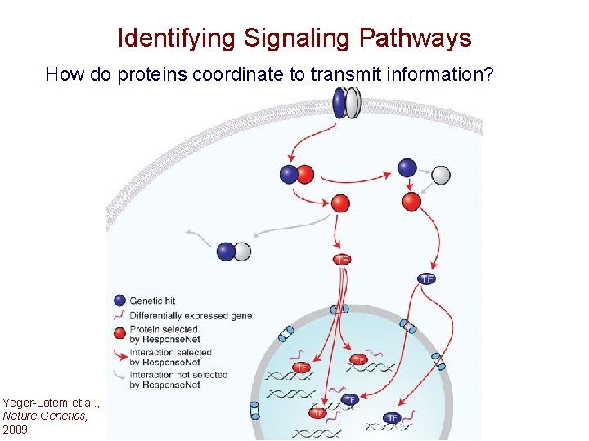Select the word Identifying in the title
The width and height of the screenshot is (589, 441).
coord(174,38)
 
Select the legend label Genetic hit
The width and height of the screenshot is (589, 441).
coord(152,301)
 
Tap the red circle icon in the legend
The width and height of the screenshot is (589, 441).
coord(119,333)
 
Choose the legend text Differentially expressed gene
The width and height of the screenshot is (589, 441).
coord(191,315)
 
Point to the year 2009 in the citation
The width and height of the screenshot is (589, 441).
coord(15,429)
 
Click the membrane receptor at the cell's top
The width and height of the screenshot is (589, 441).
coord(347,103)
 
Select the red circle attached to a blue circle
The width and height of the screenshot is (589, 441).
coord(305,174)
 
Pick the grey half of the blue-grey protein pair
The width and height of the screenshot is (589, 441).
coord(241,252)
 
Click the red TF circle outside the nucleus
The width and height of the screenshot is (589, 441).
coord(342,260)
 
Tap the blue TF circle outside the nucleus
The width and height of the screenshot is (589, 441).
coord(427,278)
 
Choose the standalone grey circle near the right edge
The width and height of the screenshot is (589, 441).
coord(440,175)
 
